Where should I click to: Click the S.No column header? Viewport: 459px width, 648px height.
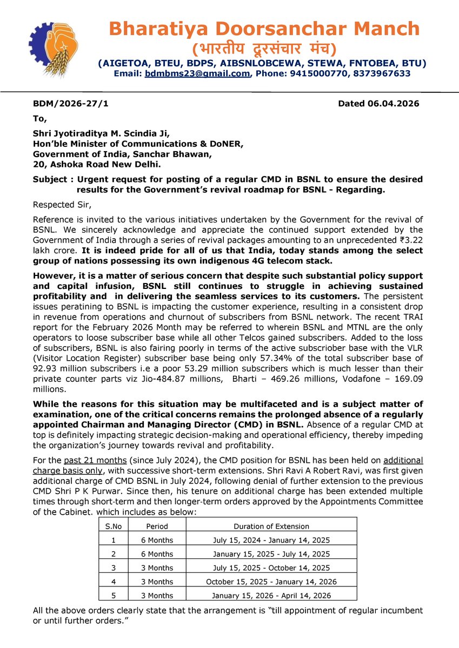(x=114, y=526)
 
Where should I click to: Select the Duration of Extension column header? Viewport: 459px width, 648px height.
(x=271, y=526)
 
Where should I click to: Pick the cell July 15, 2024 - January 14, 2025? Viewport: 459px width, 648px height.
(x=271, y=540)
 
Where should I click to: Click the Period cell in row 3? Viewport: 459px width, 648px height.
(x=157, y=568)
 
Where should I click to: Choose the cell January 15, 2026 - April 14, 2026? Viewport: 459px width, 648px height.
(x=271, y=596)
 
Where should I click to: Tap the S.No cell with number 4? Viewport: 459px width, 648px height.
(x=114, y=582)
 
